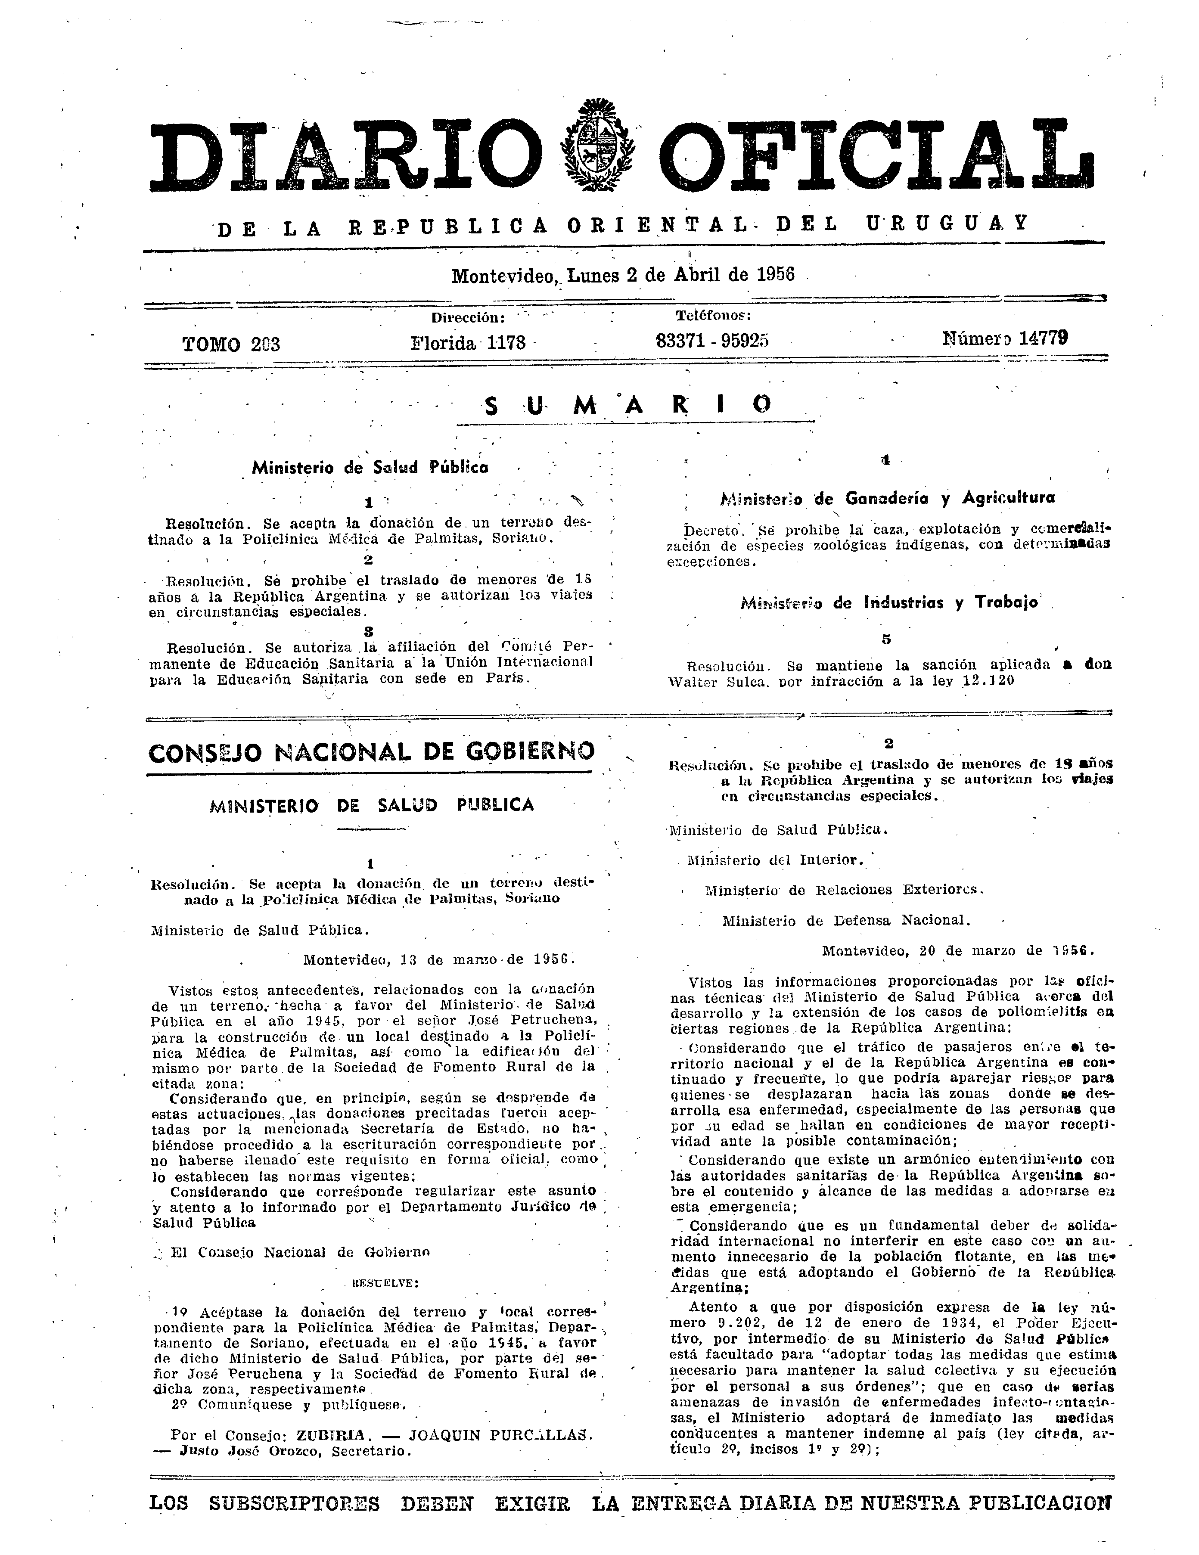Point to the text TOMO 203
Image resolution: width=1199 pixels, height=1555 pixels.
[231, 345]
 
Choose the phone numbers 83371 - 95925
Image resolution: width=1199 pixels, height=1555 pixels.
[712, 341]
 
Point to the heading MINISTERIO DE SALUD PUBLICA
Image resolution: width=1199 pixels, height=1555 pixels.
[372, 804]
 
